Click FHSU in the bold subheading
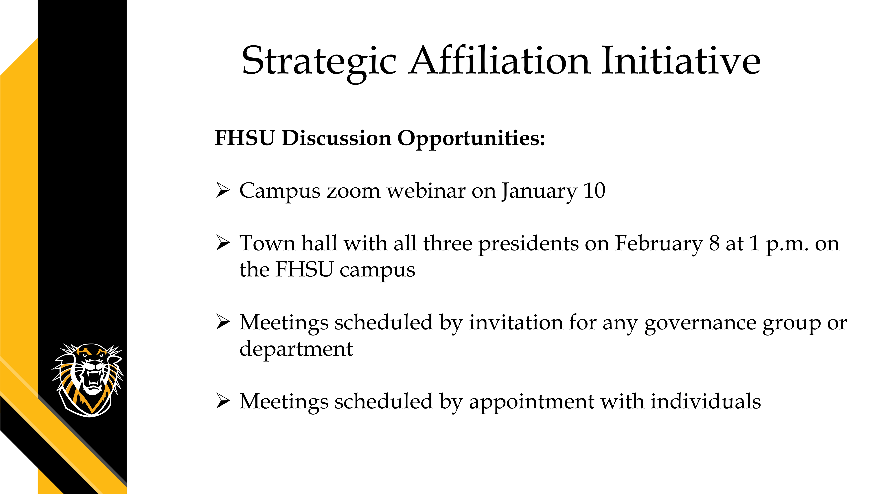coord(245,138)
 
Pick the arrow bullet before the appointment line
coord(223,401)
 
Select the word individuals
coord(706,401)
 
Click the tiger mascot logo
coord(88,379)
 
